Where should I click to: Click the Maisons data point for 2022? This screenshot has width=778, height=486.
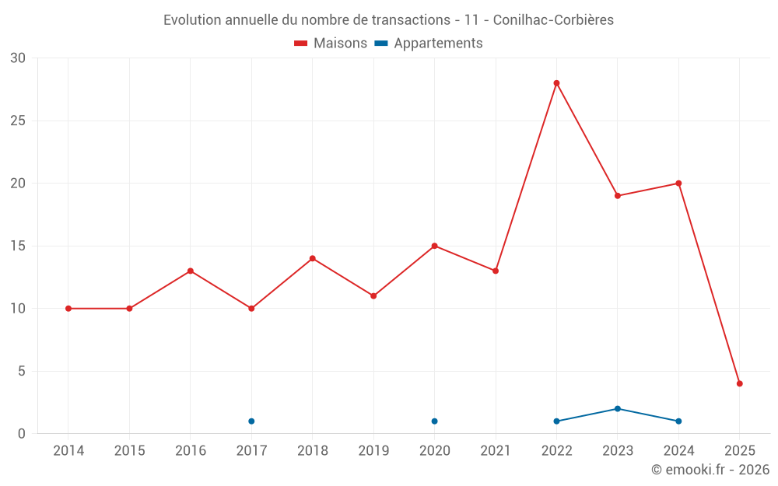[556, 83]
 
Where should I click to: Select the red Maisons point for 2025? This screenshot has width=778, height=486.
[739, 383]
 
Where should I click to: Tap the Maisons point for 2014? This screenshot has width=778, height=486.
[68, 309]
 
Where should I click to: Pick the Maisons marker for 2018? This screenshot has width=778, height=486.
[312, 258]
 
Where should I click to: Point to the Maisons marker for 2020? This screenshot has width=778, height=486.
[434, 246]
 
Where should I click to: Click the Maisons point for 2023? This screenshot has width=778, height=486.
[617, 196]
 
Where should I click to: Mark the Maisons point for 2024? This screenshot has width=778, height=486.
[678, 184]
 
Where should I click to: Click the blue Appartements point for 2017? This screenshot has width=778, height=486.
[251, 421]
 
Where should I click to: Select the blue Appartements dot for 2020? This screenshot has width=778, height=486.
[434, 421]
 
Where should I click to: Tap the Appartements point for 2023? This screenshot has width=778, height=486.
[617, 408]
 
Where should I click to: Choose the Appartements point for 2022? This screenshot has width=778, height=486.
[556, 421]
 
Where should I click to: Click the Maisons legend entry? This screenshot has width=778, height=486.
[331, 44]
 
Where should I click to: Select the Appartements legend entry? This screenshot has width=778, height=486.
[429, 44]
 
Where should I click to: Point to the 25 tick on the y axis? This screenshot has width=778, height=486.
[18, 121]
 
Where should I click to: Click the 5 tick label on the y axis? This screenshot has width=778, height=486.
[22, 371]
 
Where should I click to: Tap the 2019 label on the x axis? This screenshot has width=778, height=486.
[373, 451]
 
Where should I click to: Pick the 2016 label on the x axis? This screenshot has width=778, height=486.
[191, 451]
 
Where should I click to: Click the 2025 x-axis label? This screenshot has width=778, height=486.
[739, 451]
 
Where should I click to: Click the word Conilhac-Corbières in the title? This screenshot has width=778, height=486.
[553, 20]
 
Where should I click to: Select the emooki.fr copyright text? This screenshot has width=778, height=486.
[710, 470]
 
